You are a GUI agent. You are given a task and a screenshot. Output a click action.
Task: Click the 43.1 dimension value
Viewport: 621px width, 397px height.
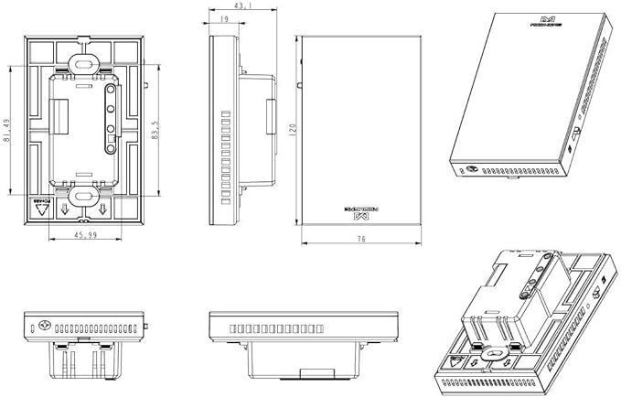click(219, 6)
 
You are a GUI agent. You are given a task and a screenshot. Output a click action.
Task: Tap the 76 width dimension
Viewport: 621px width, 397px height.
click(361, 238)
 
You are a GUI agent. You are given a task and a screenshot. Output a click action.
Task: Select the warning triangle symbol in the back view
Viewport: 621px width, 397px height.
click(39, 208)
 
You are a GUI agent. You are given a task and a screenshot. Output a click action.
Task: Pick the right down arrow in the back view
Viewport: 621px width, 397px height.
click(103, 210)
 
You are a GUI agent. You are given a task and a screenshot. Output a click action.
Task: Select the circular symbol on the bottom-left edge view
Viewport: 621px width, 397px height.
click(43, 326)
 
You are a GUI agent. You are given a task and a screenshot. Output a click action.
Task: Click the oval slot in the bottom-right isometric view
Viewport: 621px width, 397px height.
click(499, 350)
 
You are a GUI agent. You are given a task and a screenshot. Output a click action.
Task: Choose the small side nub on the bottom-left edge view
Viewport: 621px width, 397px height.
click(147, 326)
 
